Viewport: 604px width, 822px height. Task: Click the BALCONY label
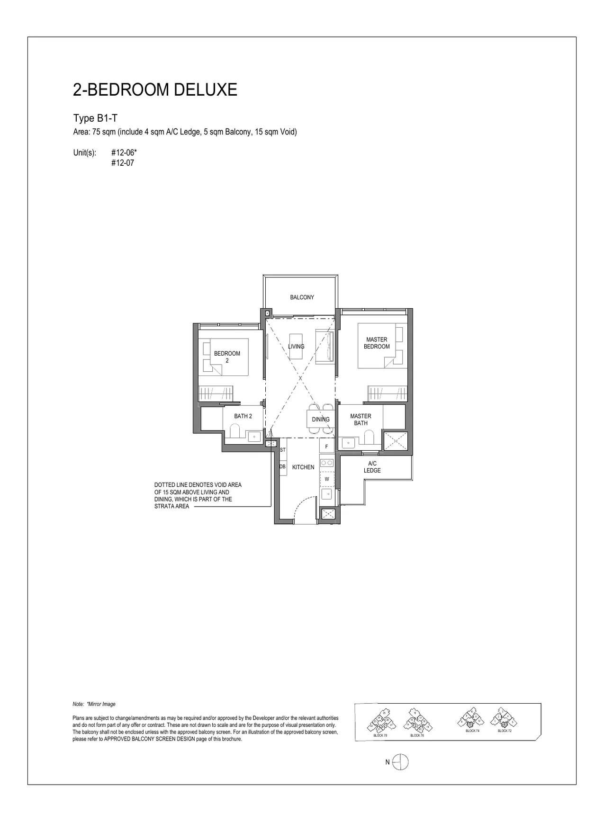(302, 297)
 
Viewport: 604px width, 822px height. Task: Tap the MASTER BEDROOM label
(377, 343)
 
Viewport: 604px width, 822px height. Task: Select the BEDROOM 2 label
(227, 357)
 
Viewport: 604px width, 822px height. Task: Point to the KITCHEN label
(303, 467)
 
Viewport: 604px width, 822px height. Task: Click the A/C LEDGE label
(372, 467)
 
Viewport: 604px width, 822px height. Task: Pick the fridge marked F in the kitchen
(326, 447)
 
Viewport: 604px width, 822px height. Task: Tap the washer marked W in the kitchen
(327, 479)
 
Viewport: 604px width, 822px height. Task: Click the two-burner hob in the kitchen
(327, 463)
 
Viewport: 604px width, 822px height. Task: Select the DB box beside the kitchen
(282, 467)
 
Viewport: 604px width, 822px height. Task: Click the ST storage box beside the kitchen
(283, 450)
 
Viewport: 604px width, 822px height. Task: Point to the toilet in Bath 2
(235, 431)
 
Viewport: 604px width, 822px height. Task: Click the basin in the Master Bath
(349, 443)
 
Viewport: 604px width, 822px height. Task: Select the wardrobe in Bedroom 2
(216, 393)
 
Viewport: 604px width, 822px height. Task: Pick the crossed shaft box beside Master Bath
(395, 440)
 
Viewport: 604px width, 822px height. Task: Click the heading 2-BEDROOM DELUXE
(155, 89)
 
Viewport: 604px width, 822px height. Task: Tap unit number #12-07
(123, 163)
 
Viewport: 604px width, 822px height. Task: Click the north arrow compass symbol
(400, 762)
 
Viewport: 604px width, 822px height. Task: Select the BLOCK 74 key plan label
(472, 731)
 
